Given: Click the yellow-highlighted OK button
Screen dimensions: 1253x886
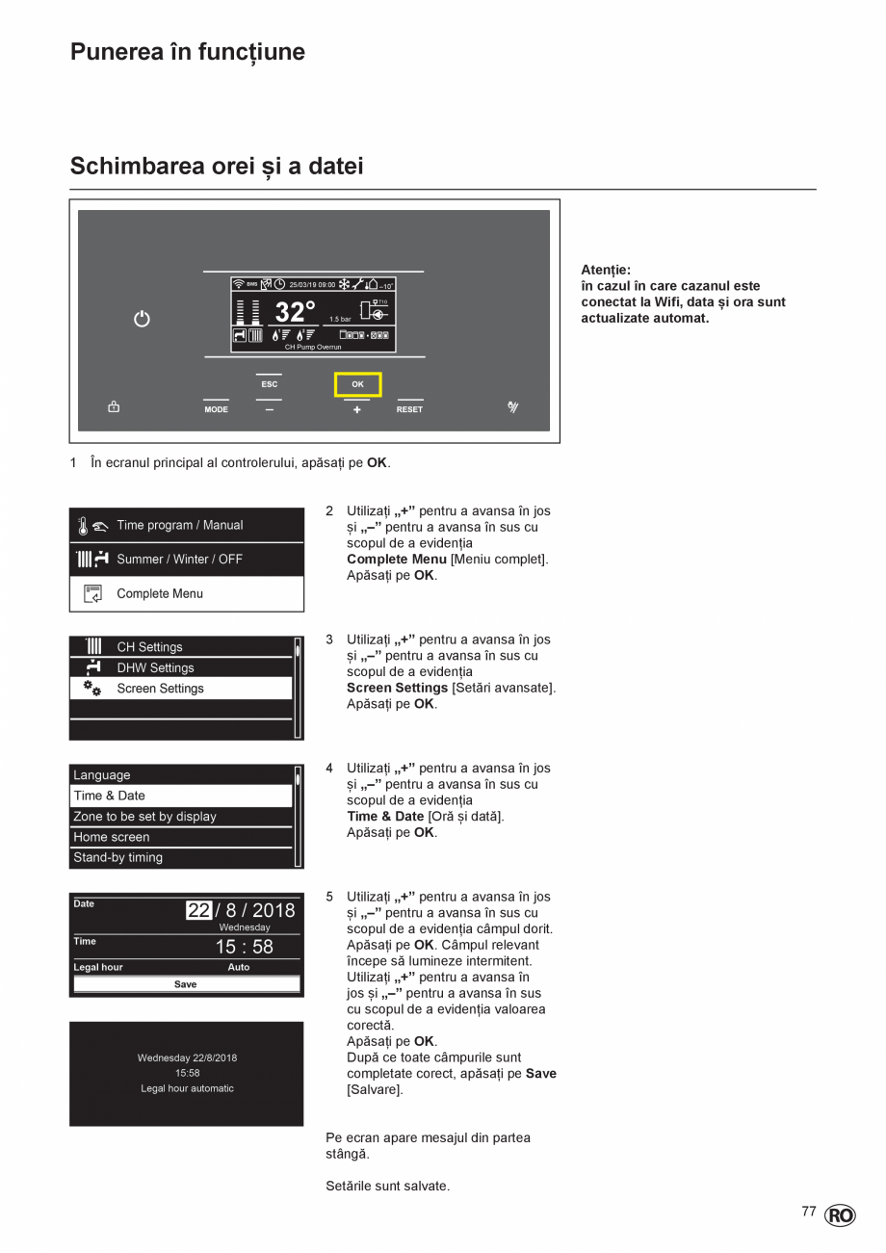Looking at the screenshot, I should [x=357, y=384].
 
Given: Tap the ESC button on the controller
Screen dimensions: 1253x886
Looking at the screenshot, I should [x=269, y=384].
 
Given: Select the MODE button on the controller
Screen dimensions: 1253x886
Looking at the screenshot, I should [x=216, y=409].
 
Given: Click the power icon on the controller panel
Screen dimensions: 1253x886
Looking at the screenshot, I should [x=142, y=319].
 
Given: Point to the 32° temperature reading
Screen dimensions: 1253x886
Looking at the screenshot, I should [x=295, y=312].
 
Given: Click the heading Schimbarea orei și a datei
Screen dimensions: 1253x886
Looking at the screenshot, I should [x=217, y=167].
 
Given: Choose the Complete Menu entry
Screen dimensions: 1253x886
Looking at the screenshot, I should [x=159, y=593].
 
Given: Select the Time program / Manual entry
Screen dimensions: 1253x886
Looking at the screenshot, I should [x=179, y=525].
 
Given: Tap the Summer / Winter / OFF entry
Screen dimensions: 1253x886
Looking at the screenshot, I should [x=179, y=559].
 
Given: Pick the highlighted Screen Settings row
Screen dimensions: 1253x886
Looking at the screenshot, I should [x=160, y=689].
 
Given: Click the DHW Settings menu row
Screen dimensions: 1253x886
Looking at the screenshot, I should [x=155, y=667].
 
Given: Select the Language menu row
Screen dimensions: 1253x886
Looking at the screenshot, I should [x=102, y=775].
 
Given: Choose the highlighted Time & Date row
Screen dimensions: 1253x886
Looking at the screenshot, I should [x=110, y=796].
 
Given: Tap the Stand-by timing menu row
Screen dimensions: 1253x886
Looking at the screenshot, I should [x=117, y=857].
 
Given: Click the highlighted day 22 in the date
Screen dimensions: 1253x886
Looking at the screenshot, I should [x=198, y=910].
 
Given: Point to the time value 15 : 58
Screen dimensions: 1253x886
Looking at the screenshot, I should [x=244, y=947].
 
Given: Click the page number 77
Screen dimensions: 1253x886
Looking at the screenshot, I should [x=809, y=1212].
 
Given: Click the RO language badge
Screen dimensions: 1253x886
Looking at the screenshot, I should [x=840, y=1215].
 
